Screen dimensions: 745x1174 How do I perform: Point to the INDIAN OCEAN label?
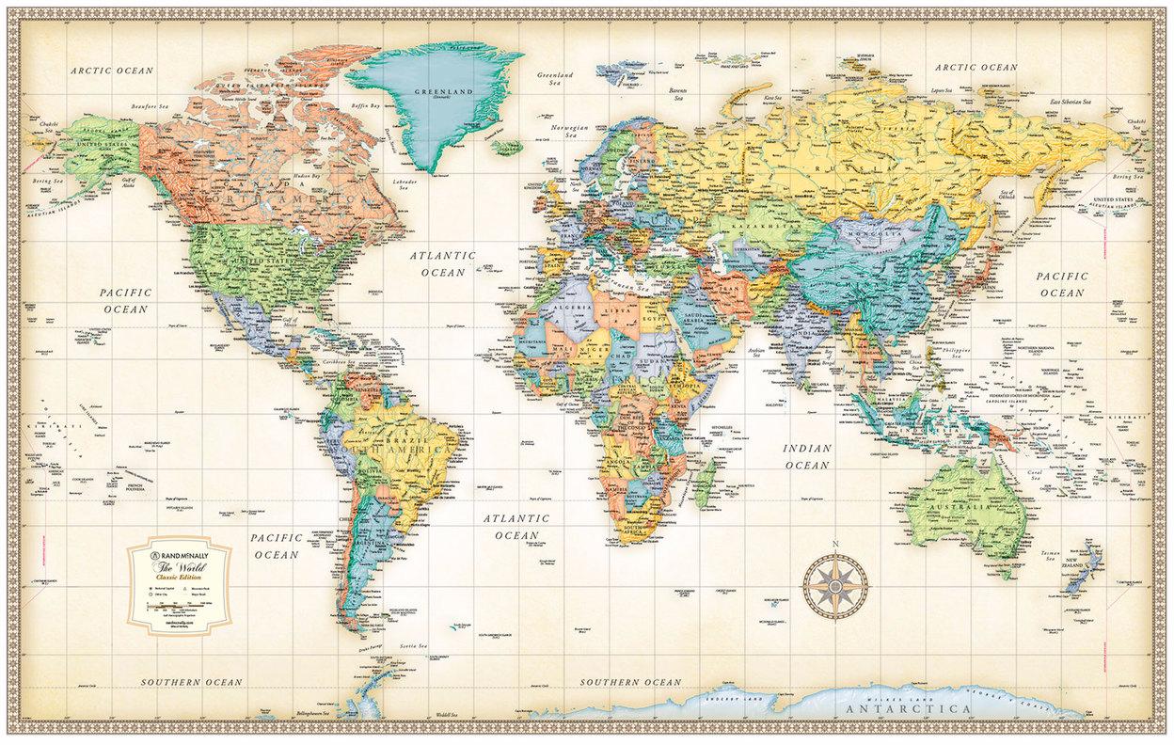[x=807, y=456]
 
